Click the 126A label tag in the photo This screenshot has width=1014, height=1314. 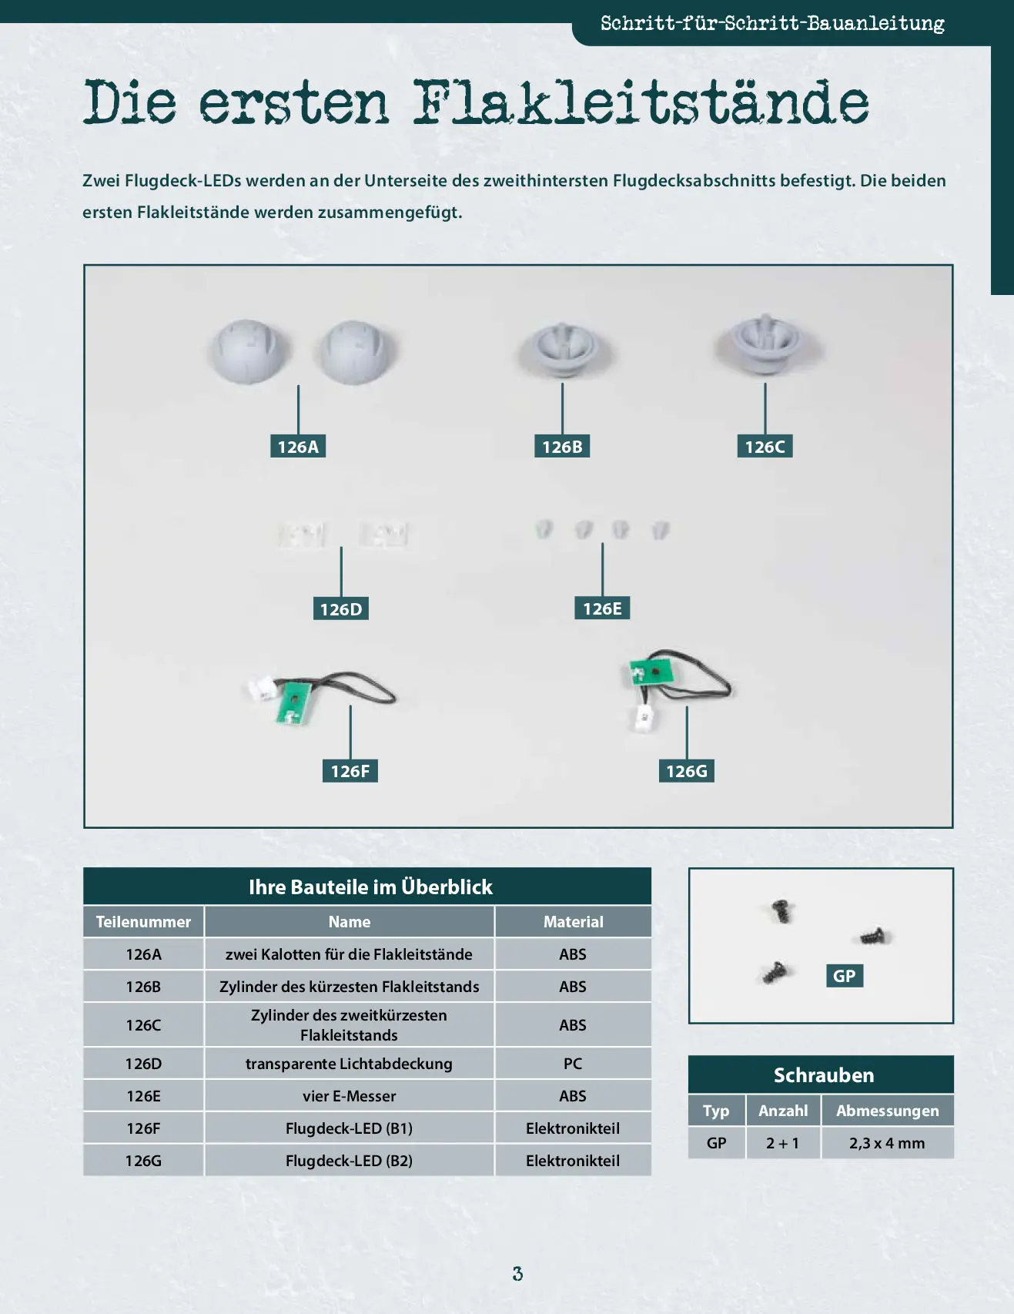[x=298, y=446]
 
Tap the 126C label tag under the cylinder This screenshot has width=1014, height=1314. [x=765, y=446]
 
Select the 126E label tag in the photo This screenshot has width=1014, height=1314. [x=602, y=608]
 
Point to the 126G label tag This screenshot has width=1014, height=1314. [x=686, y=771]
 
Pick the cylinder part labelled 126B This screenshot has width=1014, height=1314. [x=563, y=350]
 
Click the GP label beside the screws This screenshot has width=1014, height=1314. [x=845, y=976]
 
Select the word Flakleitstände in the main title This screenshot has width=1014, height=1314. [x=641, y=102]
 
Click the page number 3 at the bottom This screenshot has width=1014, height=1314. [x=517, y=1274]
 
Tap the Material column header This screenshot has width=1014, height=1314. [x=573, y=921]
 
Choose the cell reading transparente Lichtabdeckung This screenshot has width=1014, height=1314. [x=349, y=1064]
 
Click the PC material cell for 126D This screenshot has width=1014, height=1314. [x=573, y=1064]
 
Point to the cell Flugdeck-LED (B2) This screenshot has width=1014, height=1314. [x=349, y=1161]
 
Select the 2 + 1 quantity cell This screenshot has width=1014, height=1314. [x=783, y=1143]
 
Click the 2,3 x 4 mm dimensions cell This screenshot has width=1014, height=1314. [x=888, y=1143]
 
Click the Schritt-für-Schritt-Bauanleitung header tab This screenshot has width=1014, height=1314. [x=772, y=23]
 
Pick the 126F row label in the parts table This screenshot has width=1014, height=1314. [x=143, y=1128]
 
